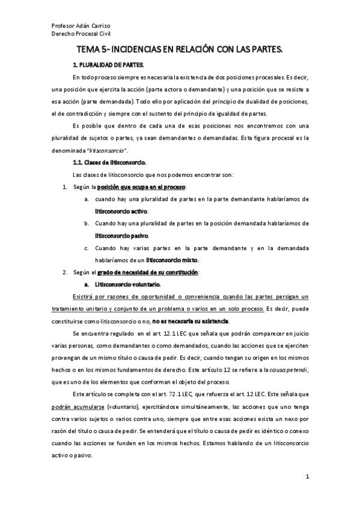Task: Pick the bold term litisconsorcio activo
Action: point(121,212)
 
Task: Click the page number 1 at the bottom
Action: point(307,478)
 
